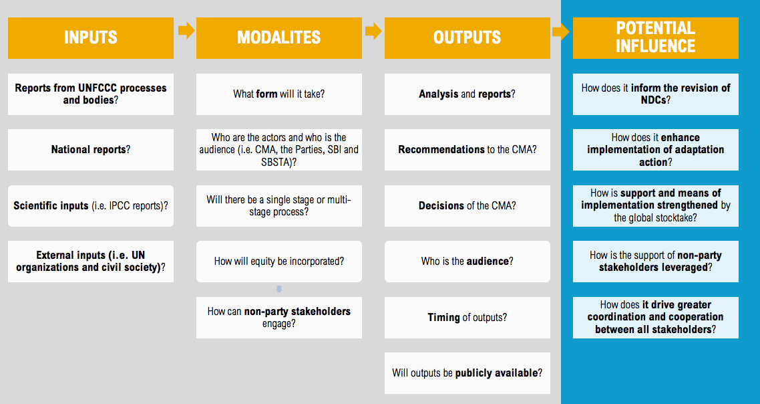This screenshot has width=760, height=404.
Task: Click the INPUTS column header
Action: [91, 38]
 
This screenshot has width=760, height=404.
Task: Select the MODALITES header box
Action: [278, 38]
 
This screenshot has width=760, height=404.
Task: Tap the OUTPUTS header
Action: [467, 38]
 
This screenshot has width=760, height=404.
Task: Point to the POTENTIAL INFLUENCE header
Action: [655, 38]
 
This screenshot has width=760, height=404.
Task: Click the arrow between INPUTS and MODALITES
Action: [186, 31]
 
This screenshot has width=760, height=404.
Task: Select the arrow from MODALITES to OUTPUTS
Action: [374, 31]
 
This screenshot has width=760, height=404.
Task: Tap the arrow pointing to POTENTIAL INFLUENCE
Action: [561, 32]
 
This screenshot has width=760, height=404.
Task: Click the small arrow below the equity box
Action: [279, 289]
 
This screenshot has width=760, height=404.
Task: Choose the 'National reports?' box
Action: [91, 150]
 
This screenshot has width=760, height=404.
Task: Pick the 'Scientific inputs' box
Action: [91, 205]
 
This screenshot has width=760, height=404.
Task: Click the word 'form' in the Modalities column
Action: [267, 94]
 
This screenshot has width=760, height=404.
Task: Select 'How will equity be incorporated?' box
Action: [278, 262]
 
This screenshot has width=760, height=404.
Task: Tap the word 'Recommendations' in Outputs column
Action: [441, 150]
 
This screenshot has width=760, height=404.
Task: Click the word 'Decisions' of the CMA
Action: [441, 205]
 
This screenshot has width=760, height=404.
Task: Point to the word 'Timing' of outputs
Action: [443, 318]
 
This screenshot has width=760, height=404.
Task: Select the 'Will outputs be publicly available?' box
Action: [467, 373]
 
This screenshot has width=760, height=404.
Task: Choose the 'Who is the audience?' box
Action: [467, 262]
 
